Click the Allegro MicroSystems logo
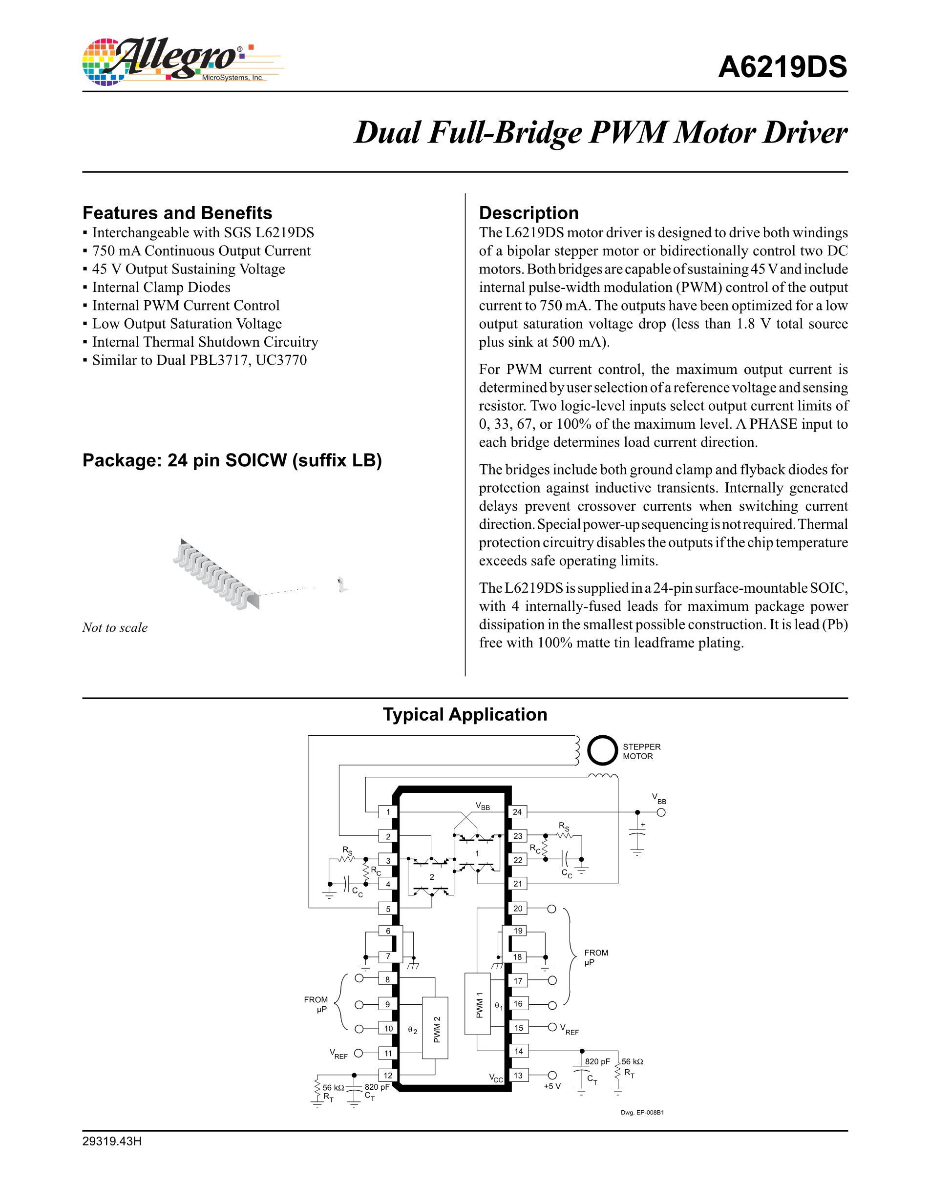click(x=182, y=62)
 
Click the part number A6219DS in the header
click(x=782, y=68)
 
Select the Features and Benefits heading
click(x=177, y=213)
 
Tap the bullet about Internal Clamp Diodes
click(x=161, y=287)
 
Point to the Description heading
click(x=528, y=213)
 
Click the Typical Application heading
click(x=465, y=714)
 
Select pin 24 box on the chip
click(x=517, y=812)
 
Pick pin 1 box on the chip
click(x=388, y=812)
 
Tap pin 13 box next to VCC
click(x=517, y=1075)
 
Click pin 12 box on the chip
click(x=388, y=1075)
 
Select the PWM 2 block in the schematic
click(x=436, y=1028)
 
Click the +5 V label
click(x=551, y=1086)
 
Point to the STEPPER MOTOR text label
click(x=641, y=751)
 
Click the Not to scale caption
click(x=115, y=627)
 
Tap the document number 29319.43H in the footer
click(x=112, y=1141)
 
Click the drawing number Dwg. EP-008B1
click(x=642, y=1112)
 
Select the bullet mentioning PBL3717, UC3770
click(x=199, y=360)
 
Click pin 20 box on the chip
click(x=517, y=908)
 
